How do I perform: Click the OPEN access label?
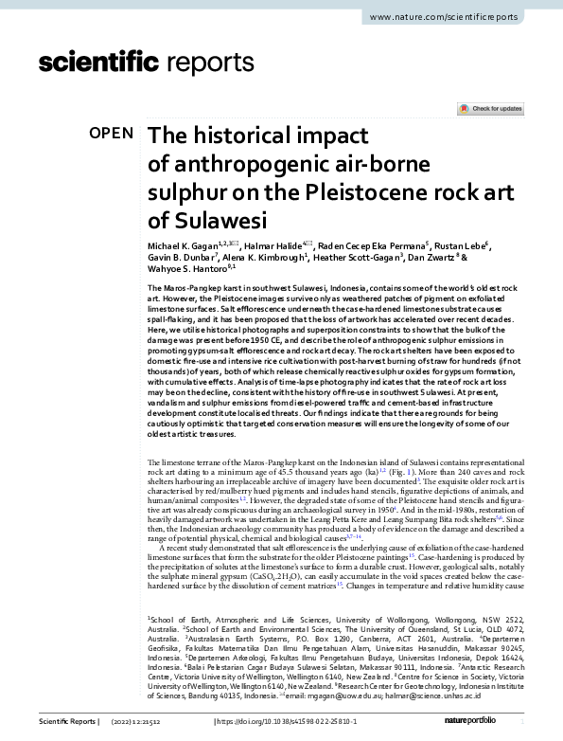(111, 134)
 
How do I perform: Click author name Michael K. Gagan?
(185, 246)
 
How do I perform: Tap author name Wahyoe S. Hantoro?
(184, 271)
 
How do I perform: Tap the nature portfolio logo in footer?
(496, 723)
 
